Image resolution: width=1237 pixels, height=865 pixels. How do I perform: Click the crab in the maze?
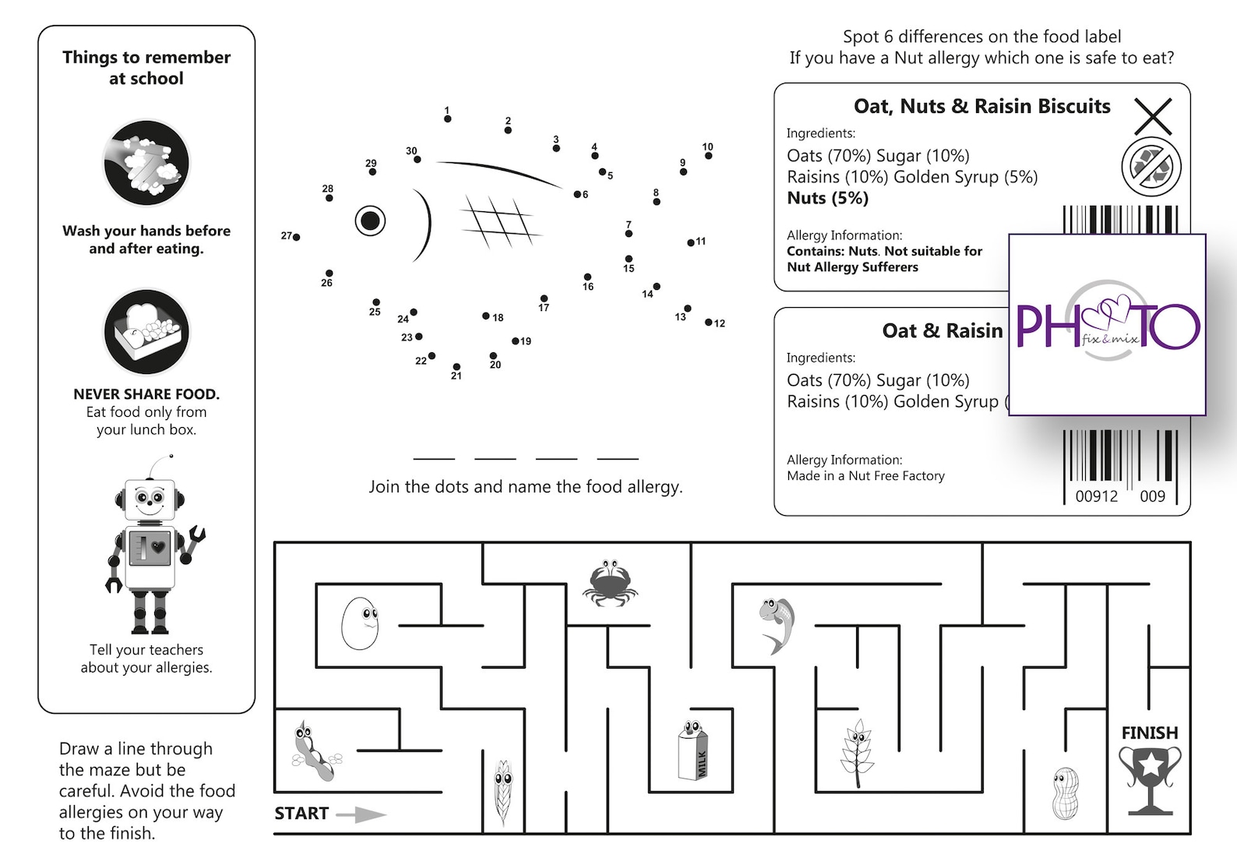coord(610,582)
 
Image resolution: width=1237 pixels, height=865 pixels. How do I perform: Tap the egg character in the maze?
coord(360,623)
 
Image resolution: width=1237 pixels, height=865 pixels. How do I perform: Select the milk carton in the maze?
coord(692,751)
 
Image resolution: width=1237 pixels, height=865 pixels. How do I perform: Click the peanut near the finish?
coord(1065,793)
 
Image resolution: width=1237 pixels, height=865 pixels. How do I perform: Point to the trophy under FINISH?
coord(1150,780)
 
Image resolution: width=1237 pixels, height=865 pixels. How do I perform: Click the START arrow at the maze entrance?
coord(361,814)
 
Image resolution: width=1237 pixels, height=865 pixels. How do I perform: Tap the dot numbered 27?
coord(296,237)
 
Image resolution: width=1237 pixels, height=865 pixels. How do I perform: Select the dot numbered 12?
coord(709,322)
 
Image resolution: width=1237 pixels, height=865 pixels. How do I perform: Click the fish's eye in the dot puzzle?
coord(370,221)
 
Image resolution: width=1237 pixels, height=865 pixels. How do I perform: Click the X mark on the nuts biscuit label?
coord(1153,117)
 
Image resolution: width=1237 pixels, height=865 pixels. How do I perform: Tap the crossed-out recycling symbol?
coord(1151,166)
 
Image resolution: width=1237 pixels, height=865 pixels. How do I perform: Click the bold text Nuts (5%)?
coord(827,198)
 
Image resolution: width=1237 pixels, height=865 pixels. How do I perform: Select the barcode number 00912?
coord(1096,496)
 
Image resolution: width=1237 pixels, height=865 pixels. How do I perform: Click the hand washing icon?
coord(146,163)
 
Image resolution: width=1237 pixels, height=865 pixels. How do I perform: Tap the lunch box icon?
coord(146,332)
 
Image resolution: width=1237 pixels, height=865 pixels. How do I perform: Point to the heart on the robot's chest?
coord(159,547)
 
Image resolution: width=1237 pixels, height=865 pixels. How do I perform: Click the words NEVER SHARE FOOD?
coord(146,394)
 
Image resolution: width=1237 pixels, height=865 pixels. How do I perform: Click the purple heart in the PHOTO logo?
coord(1110,312)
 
